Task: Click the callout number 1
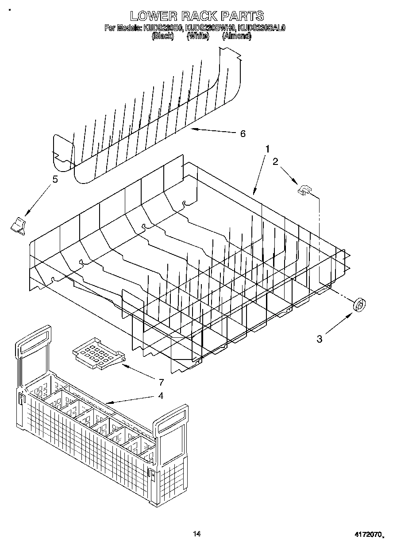point(267,149)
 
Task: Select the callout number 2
point(276,162)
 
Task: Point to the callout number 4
point(161,395)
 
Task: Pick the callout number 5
point(55,180)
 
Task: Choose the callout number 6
point(242,133)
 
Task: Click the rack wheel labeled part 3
point(360,305)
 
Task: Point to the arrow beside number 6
point(212,131)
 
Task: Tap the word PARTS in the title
point(242,16)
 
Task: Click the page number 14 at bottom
point(196,534)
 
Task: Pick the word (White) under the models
point(198,36)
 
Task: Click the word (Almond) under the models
point(236,36)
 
